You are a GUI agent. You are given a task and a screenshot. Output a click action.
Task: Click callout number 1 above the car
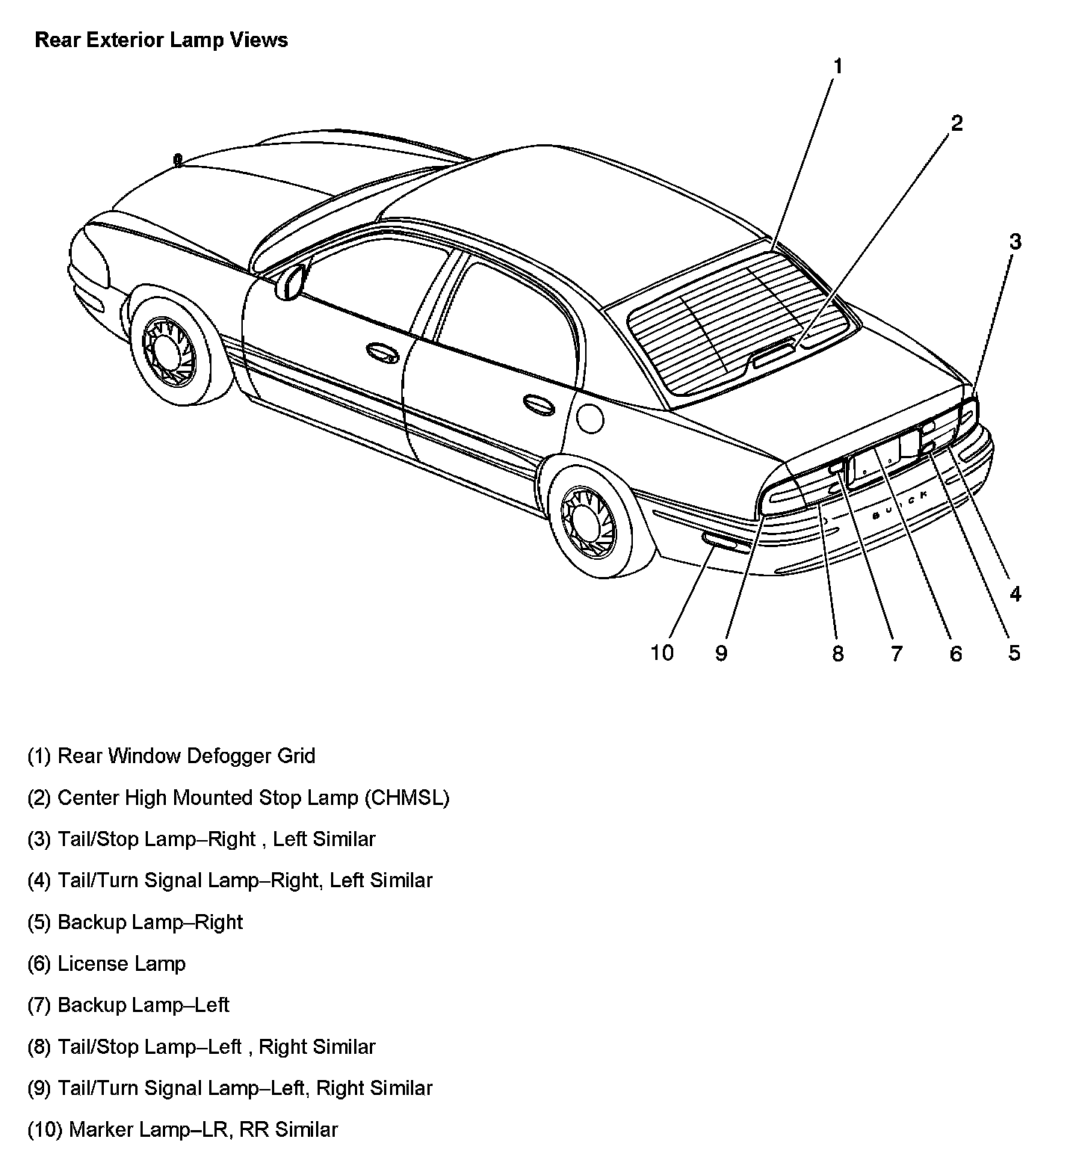tap(838, 67)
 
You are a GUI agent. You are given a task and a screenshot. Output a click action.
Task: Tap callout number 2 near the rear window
tap(956, 123)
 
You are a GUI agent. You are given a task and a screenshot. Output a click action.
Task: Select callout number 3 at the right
tap(1014, 241)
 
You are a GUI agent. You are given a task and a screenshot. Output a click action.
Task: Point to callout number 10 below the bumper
tap(662, 652)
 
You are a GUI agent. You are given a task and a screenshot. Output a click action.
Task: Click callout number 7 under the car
tap(896, 653)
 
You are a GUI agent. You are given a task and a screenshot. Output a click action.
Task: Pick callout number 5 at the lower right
tap(1013, 652)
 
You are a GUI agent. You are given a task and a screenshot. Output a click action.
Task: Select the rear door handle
tap(538, 404)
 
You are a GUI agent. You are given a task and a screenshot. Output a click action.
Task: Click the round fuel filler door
tap(590, 416)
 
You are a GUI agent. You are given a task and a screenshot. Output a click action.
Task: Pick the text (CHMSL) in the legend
tap(407, 797)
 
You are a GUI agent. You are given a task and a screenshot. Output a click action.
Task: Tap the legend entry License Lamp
tap(121, 963)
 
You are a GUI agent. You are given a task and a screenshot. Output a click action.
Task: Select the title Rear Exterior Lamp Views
tap(161, 40)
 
